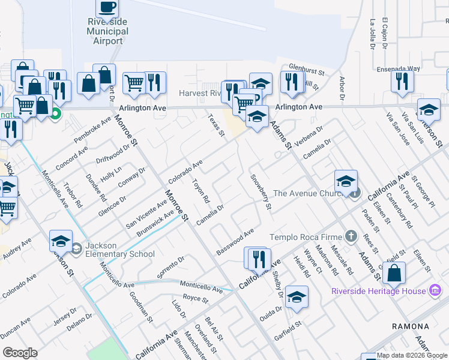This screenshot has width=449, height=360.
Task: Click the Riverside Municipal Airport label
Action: (x=108, y=31)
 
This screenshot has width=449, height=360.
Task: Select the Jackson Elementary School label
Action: (x=120, y=250)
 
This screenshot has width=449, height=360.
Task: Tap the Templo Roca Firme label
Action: (x=307, y=237)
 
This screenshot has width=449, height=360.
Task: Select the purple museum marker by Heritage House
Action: (x=436, y=291)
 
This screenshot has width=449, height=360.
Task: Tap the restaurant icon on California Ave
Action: (x=259, y=259)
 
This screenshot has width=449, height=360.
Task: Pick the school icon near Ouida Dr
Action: (x=297, y=296)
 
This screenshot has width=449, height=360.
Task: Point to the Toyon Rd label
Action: (x=200, y=190)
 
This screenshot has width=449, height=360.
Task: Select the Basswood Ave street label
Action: (x=235, y=242)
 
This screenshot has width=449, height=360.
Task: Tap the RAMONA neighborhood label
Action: (x=410, y=326)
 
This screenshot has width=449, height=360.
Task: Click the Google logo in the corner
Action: (x=20, y=353)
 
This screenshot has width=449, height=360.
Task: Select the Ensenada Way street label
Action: (x=399, y=68)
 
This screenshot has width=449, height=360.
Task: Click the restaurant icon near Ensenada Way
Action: (x=402, y=80)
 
